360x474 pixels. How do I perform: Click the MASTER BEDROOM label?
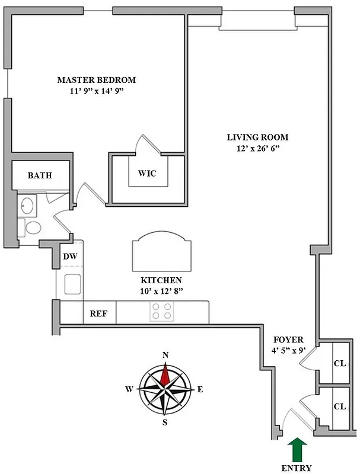[x=96, y=80]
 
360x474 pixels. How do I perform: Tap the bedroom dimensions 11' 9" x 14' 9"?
[x=96, y=92]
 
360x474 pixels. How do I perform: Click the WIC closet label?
[x=147, y=174]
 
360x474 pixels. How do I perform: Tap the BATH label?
[x=40, y=176]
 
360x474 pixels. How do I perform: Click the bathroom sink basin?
[x=27, y=206]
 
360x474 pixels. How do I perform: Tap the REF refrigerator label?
[x=98, y=313]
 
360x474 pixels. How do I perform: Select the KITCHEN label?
[x=161, y=280]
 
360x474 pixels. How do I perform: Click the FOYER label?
[x=288, y=340]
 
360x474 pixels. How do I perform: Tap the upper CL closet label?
[x=340, y=364]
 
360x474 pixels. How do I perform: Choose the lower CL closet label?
[x=340, y=407]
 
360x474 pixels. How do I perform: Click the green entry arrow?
[x=297, y=449]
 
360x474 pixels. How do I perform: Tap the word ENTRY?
[x=297, y=468]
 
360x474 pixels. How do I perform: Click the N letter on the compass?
[x=165, y=355]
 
